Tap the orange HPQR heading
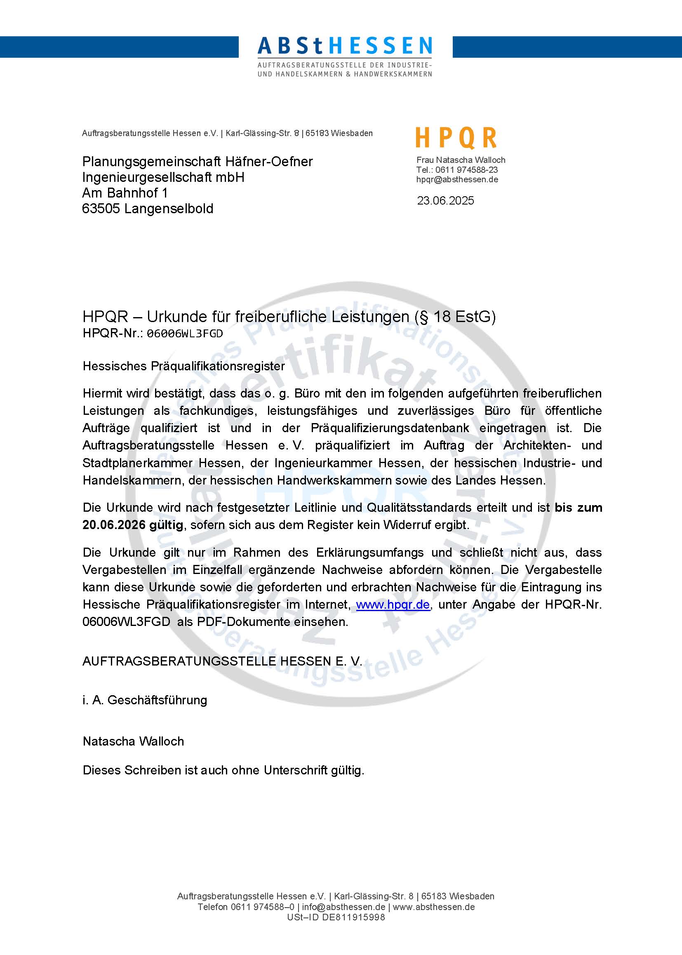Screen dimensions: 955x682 point(456,138)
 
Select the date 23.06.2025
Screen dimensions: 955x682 point(445,201)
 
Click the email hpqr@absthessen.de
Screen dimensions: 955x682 point(457,179)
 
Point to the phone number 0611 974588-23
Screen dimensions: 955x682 point(466,169)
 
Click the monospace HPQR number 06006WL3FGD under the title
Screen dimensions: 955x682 point(184,334)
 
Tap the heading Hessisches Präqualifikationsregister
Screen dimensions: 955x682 point(183,366)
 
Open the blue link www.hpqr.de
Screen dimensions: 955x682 point(393,605)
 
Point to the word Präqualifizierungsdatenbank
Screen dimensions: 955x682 point(390,428)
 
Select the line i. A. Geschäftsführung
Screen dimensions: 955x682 point(145,700)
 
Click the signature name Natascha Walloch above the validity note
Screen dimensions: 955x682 point(133,741)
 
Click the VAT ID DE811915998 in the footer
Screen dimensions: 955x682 point(353,917)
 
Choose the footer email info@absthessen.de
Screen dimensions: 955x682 point(343,907)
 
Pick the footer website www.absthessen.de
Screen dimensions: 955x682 point(434,907)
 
